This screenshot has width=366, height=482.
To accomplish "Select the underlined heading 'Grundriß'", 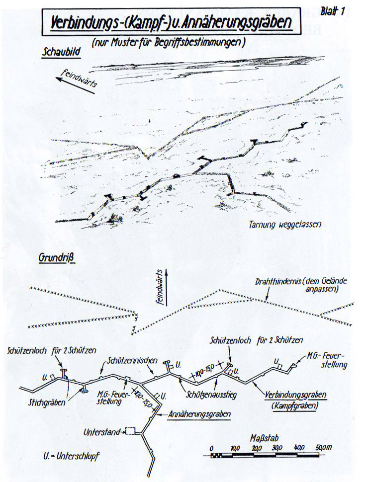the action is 55,258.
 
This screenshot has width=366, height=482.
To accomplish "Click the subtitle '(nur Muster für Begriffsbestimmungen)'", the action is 169,42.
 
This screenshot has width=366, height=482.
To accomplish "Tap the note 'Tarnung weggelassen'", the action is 285,224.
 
